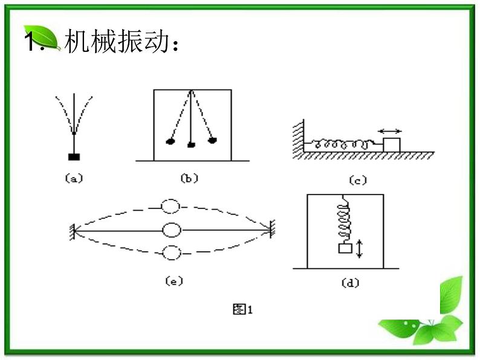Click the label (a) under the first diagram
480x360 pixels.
73,178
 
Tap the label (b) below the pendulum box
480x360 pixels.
190,178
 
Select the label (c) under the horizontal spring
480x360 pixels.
358,180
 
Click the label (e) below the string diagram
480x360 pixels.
173,281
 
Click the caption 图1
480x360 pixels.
242,310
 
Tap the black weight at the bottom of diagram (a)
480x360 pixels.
74,157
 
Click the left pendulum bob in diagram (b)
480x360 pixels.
170,142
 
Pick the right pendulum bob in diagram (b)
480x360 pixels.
212,141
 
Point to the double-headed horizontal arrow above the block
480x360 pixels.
391,130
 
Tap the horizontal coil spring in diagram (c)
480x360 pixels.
343,144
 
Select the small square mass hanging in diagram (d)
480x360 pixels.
345,248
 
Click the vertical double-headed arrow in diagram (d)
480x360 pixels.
360,248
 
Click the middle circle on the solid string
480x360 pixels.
172,230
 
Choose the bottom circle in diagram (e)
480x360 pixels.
172,252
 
